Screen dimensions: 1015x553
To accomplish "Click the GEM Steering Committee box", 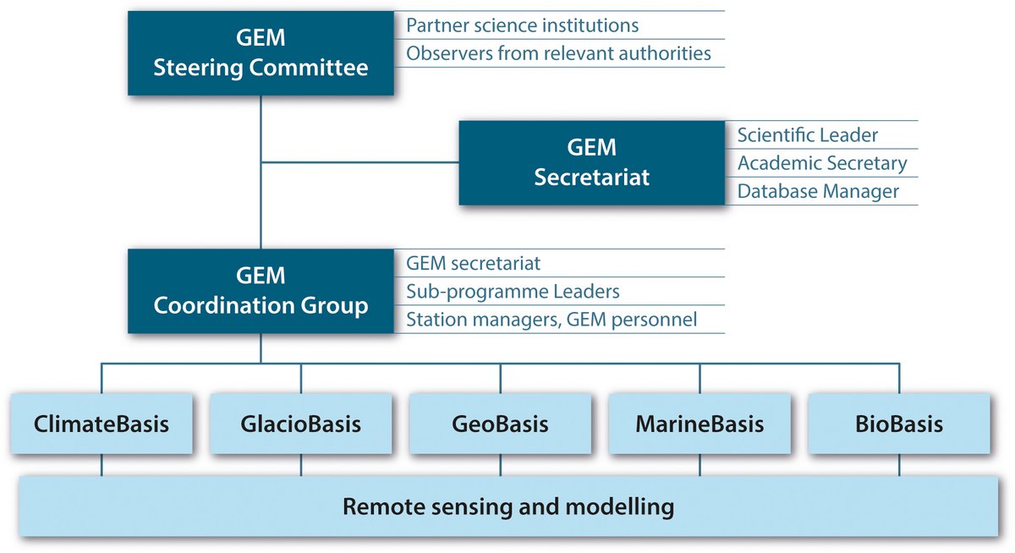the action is click(x=261, y=53).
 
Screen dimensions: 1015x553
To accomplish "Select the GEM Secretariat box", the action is click(x=592, y=162).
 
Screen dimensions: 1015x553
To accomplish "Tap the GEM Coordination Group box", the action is click(x=261, y=291).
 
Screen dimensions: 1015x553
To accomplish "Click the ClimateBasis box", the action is click(x=101, y=424).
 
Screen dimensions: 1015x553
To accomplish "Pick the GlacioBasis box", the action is click(x=301, y=424).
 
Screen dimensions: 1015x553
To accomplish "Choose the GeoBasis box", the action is click(x=500, y=424).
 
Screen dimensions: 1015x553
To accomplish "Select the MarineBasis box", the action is click(x=700, y=424).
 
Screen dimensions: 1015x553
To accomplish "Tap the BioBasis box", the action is click(x=899, y=424).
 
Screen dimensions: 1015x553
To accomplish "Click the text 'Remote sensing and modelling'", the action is click(x=508, y=506).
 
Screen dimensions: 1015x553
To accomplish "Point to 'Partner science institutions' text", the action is click(x=523, y=25).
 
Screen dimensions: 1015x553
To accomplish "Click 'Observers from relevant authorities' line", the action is click(x=559, y=53).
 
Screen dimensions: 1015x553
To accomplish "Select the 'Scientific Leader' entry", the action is click(x=808, y=135).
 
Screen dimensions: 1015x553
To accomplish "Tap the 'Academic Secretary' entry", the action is click(x=822, y=163).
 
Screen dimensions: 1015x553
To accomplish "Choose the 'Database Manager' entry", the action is click(x=819, y=191).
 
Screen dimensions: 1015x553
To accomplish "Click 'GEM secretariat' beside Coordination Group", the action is click(x=473, y=263).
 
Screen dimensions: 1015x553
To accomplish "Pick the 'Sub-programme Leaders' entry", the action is click(x=513, y=292).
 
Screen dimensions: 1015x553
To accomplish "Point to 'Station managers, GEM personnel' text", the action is click(x=551, y=320).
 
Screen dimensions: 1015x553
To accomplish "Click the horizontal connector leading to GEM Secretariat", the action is click(x=360, y=162).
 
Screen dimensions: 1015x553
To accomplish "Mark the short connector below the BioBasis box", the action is click(x=899, y=465).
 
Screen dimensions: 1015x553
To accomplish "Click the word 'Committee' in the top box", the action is click(x=308, y=68).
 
